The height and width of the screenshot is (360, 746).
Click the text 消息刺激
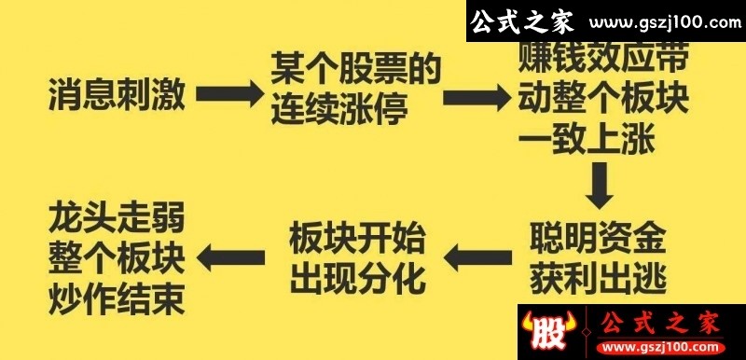pos(117,95)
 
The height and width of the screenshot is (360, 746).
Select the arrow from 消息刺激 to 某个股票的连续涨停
pos(229,93)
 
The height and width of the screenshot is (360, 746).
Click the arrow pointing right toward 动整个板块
pos(477,98)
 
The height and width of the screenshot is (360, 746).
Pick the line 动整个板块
pos(603,99)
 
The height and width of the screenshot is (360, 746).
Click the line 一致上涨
pos(587,139)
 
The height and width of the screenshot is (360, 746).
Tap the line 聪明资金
pos(598,237)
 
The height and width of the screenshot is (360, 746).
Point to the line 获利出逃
pos(598,278)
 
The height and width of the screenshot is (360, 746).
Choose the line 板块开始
pos(357,237)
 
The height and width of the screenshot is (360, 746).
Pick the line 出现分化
pos(357,278)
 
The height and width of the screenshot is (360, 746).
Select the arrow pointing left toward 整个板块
pos(230,257)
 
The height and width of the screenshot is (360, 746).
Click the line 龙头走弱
pos(117,218)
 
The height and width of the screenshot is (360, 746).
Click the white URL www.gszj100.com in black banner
pos(665,22)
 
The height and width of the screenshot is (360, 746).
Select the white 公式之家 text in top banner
pos(522,21)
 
